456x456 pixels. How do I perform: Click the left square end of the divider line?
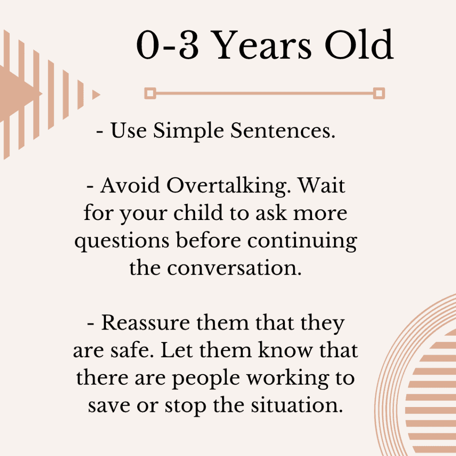(150, 94)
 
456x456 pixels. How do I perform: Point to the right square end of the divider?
(379, 94)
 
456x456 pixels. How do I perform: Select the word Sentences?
(283, 130)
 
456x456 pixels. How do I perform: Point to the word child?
(198, 212)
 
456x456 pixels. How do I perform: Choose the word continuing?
(302, 241)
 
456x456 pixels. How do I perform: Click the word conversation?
(234, 268)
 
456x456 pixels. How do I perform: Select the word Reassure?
(146, 322)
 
